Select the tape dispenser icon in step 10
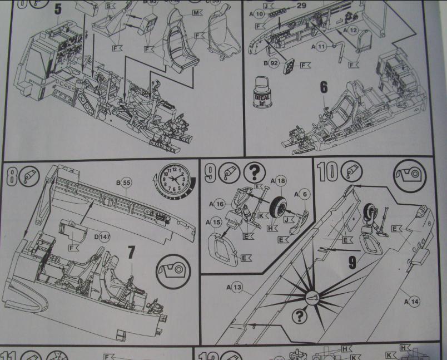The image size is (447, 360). coord(409,177)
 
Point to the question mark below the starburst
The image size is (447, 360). coord(300,317)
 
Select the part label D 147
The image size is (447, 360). coord(102,236)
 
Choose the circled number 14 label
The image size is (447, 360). coord(412,301)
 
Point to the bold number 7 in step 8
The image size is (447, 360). coord(131,253)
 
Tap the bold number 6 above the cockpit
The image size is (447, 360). coord(324,88)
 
